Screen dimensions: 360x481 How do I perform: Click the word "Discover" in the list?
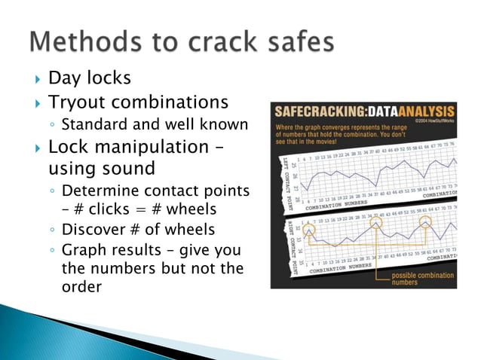point(93,229)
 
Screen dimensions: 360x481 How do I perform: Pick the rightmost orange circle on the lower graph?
point(425,222)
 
